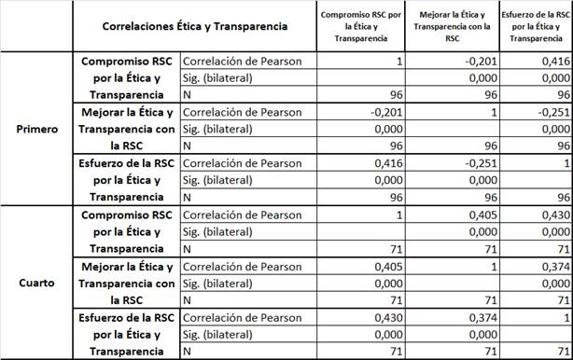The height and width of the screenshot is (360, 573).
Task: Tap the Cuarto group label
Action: [x=35, y=281]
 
